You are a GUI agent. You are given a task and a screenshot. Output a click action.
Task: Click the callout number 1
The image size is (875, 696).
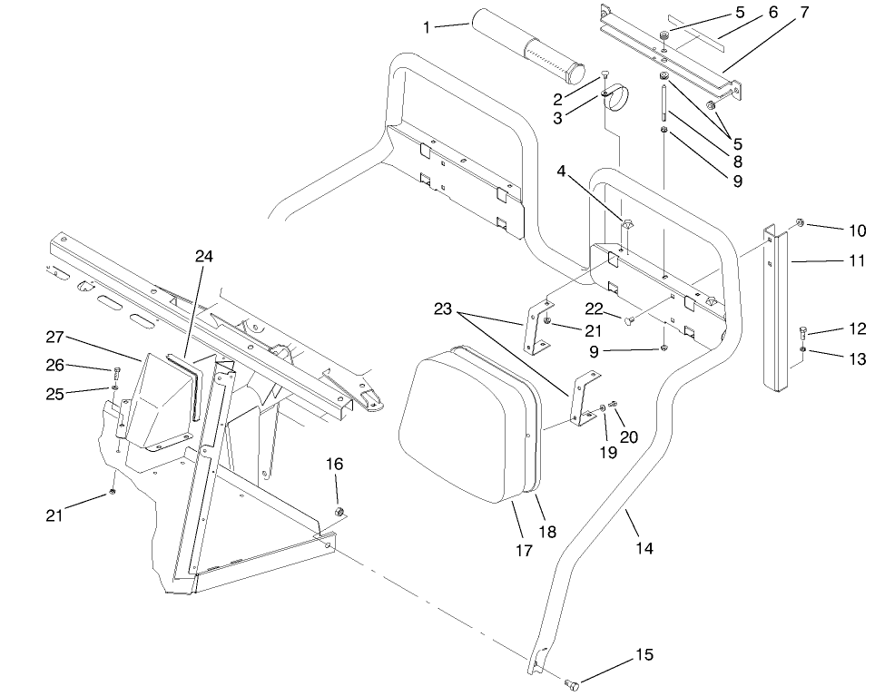point(427,27)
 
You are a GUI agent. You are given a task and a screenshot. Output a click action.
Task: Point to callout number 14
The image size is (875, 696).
point(644,548)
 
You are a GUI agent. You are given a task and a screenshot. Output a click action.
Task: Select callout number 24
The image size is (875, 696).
point(203,257)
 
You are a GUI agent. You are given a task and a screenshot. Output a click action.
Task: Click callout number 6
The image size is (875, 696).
point(772,13)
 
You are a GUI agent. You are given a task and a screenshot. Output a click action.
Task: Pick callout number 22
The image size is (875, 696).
point(593,309)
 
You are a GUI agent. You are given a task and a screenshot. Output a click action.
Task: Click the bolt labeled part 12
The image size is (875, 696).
point(802,332)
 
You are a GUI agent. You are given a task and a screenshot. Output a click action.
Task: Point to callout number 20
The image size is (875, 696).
point(628,436)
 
